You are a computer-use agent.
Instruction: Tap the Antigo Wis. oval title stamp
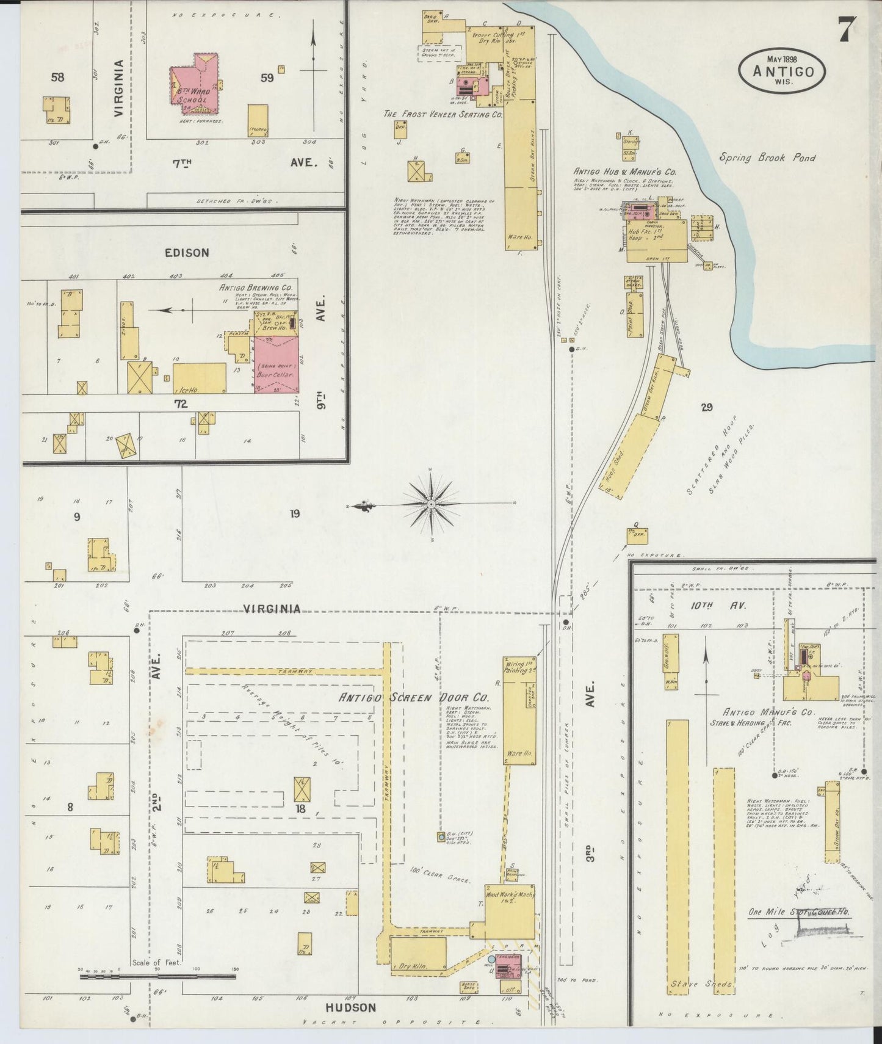(x=783, y=70)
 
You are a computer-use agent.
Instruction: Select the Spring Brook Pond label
(x=767, y=158)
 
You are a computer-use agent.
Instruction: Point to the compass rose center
(x=431, y=504)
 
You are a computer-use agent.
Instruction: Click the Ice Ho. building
(x=200, y=379)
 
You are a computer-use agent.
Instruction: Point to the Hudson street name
(x=351, y=1007)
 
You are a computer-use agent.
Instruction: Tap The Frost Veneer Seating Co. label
(x=443, y=114)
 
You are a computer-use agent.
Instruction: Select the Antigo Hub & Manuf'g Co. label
(x=624, y=172)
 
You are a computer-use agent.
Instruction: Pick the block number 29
(x=706, y=407)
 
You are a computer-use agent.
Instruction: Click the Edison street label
(x=186, y=252)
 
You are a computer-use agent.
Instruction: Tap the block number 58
(x=57, y=77)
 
